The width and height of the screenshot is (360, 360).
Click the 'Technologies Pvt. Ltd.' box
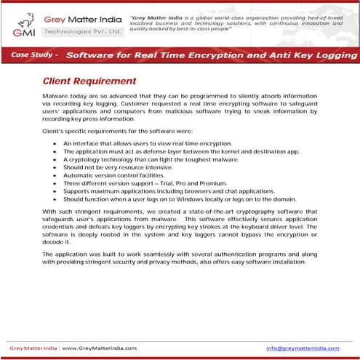click(82, 32)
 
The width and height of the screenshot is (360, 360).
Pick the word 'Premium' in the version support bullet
click(211, 183)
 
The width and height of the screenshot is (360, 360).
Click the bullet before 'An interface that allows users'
click(55, 143)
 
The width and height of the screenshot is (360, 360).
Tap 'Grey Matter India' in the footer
click(33, 348)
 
